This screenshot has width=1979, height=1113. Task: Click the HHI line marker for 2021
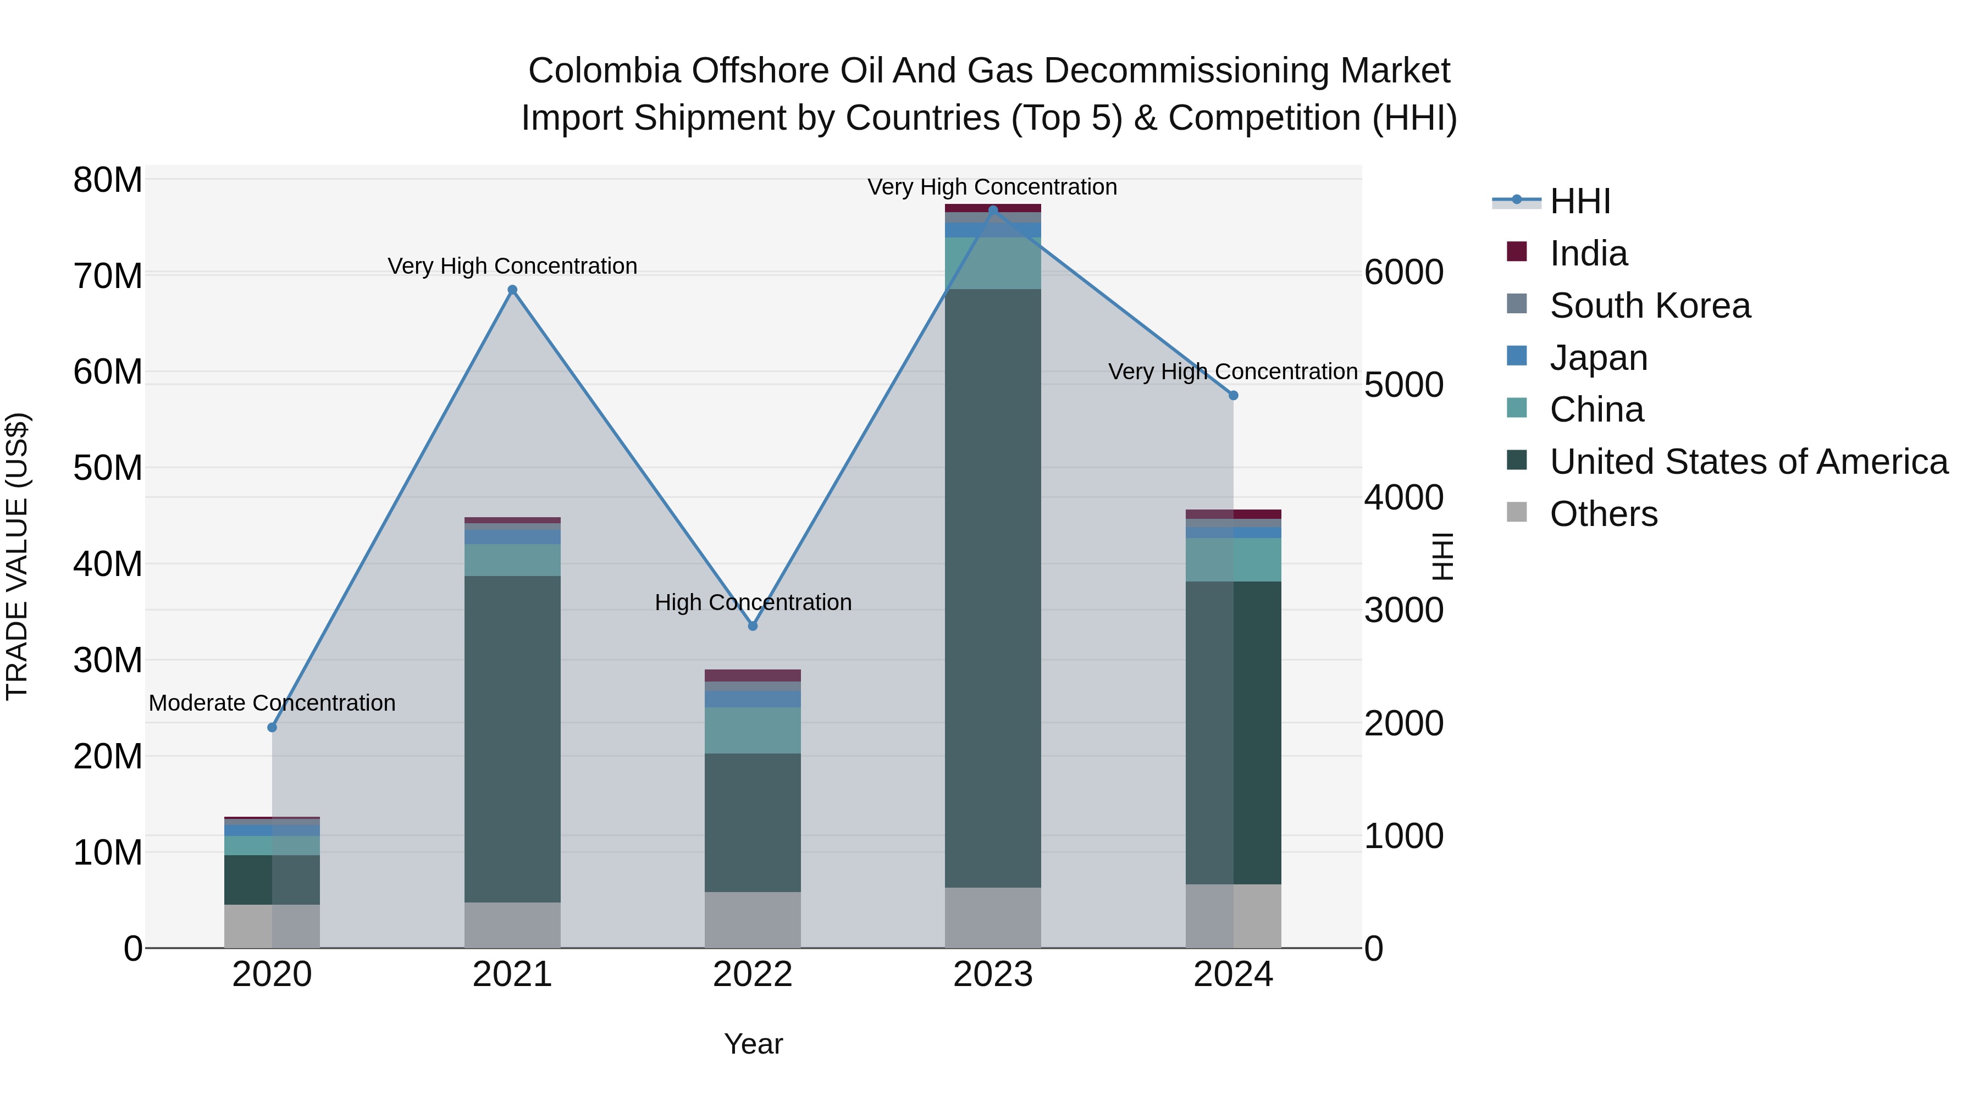512,290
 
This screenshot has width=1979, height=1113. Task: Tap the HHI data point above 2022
753,626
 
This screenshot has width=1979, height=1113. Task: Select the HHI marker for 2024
1233,396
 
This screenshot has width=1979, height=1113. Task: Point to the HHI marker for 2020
272,727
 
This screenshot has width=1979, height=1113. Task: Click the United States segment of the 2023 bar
993,588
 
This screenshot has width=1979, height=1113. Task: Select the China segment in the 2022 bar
753,730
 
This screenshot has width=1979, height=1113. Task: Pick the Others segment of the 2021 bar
512,925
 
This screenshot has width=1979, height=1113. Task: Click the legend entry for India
1588,253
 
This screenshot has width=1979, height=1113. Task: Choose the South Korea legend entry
1649,306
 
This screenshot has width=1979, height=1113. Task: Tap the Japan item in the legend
1598,358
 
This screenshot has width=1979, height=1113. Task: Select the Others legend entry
1604,514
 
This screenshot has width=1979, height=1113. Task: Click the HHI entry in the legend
1579,201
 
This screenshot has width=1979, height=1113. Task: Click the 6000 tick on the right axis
1403,273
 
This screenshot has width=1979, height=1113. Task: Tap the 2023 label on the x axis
993,974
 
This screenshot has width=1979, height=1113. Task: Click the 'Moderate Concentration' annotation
272,703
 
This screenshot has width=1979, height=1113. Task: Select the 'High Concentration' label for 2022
753,602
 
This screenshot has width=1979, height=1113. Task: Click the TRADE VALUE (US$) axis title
17,556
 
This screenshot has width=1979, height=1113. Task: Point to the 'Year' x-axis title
753,1044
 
